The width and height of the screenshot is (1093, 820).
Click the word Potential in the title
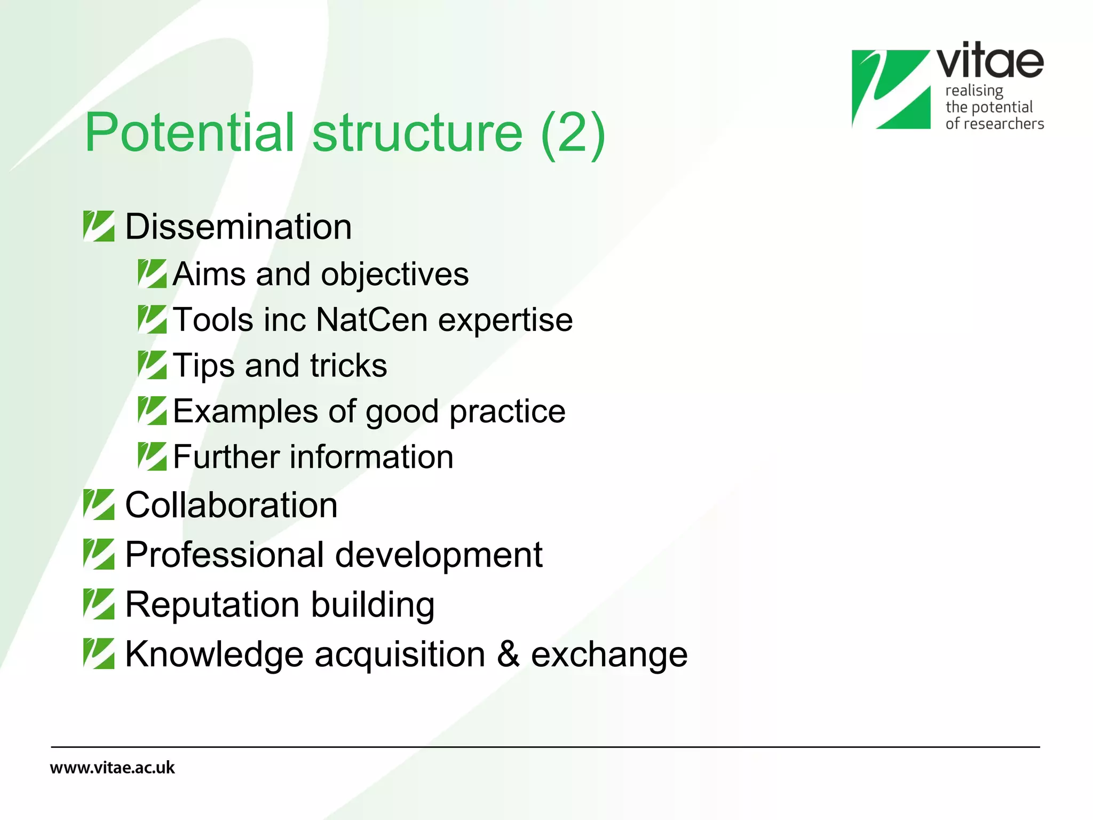(189, 132)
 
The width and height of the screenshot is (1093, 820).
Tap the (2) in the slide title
(573, 132)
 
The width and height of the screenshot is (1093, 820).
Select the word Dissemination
(238, 227)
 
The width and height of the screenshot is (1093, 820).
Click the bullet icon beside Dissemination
(99, 226)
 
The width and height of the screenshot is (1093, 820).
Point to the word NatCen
(371, 320)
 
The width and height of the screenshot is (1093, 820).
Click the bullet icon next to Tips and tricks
(152, 365)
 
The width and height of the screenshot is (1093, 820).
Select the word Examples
(245, 412)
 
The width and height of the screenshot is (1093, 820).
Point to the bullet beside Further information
(152, 456)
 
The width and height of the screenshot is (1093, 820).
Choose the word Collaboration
(231, 505)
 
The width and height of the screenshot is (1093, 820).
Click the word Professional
(224, 555)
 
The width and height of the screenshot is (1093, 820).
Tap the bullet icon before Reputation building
(99, 604)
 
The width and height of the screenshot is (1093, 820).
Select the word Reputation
(212, 605)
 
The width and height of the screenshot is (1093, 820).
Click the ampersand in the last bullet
(508, 654)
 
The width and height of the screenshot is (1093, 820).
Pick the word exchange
(609, 655)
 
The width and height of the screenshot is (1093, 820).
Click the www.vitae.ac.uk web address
(112, 768)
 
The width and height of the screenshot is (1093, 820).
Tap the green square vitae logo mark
(891, 89)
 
